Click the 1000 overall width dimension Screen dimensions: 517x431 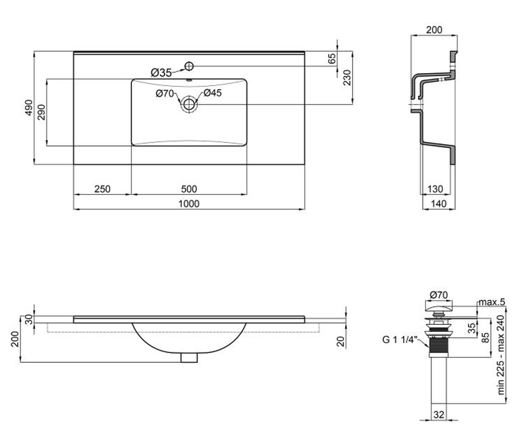[189, 204]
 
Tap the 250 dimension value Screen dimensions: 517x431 [102, 189]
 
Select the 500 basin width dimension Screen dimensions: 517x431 [189, 189]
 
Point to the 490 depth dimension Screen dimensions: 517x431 [29, 108]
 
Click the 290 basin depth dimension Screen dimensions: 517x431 [42, 112]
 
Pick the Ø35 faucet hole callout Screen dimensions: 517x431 [161, 73]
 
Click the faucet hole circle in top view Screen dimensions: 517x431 [189, 66]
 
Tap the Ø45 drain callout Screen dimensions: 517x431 [213, 93]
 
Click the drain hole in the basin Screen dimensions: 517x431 [189, 104]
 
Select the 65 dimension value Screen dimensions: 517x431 [332, 59]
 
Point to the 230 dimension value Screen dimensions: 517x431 [347, 78]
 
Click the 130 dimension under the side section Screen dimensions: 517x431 [435, 189]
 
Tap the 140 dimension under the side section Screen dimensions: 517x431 [439, 204]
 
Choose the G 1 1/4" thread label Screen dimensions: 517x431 [400, 340]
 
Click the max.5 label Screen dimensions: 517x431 [492, 302]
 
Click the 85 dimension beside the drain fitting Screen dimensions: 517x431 [486, 337]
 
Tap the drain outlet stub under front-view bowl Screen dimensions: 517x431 [189, 358]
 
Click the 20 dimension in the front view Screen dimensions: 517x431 [341, 341]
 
